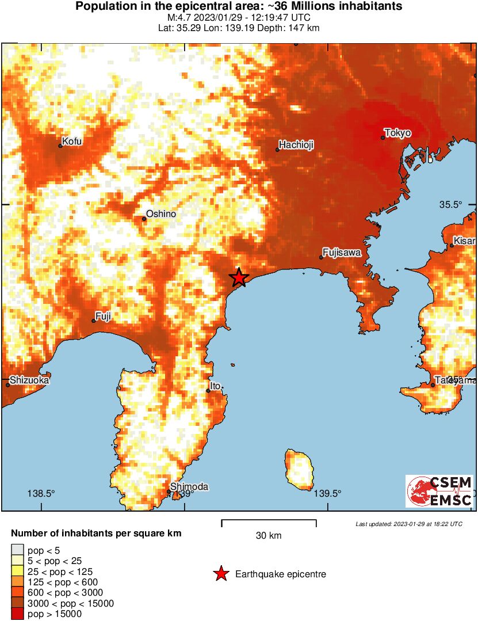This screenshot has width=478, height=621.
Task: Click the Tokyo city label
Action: tap(398, 133)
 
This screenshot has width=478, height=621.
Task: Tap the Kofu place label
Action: tap(72, 141)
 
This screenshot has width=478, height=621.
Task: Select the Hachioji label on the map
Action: tap(296, 145)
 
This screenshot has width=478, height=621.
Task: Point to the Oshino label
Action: tap(161, 214)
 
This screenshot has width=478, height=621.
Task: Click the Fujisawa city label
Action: tap(342, 252)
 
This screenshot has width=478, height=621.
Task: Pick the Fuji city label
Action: tap(104, 315)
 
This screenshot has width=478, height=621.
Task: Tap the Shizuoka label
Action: tap(29, 380)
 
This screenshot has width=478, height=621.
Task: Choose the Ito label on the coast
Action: tap(215, 386)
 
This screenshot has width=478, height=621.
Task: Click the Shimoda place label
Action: tap(189, 487)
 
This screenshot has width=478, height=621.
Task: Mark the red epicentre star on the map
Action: tap(239, 278)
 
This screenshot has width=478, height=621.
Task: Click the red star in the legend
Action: tap(220, 574)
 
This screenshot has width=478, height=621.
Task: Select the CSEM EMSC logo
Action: tap(439, 491)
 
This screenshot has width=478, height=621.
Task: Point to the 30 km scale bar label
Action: tap(269, 536)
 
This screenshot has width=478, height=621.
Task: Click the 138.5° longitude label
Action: tap(41, 493)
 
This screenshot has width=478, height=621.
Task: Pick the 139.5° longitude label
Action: tap(328, 493)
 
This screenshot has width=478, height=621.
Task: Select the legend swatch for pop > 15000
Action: tap(17, 614)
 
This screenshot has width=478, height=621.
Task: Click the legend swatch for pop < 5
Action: tap(17, 550)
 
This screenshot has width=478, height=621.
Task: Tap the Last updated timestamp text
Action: tap(408, 524)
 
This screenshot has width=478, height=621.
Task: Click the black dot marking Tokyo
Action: tap(383, 138)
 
